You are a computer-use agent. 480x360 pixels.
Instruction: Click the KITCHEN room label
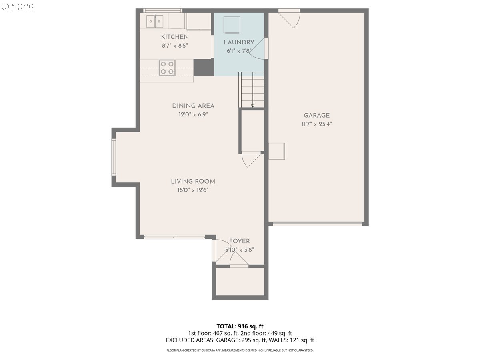(x=175, y=37)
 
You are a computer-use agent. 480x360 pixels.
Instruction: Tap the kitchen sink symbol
(x=155, y=21)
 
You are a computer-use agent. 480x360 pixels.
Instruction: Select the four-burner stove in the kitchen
(x=167, y=68)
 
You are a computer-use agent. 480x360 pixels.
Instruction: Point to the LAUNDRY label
(x=239, y=42)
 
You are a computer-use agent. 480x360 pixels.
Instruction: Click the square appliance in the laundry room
(x=232, y=25)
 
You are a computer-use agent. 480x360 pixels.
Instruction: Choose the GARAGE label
(x=316, y=115)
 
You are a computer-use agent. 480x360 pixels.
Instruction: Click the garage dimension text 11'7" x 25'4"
(x=316, y=124)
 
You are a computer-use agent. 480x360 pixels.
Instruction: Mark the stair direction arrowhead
(x=252, y=106)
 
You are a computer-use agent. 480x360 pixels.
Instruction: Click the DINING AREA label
(x=193, y=106)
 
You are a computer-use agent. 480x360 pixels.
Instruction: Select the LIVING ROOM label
(x=193, y=181)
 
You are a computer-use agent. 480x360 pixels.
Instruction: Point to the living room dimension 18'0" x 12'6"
(x=193, y=190)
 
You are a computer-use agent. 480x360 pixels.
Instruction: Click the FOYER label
(x=239, y=241)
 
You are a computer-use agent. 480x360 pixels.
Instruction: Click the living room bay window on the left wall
(x=114, y=157)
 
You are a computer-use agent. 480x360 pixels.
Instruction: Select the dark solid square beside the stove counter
(x=204, y=68)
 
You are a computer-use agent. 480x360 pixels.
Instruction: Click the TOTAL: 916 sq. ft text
(x=240, y=326)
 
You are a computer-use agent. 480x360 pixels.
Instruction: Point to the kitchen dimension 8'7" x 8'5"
(x=175, y=46)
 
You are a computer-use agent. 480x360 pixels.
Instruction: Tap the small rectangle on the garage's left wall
(x=277, y=151)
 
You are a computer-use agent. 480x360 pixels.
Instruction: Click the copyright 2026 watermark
(x=18, y=7)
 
